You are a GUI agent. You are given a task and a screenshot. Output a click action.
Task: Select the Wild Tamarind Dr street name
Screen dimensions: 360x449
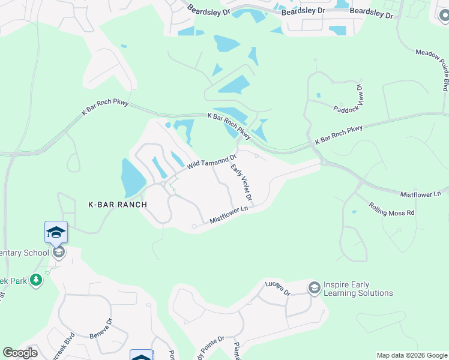pos(211,160)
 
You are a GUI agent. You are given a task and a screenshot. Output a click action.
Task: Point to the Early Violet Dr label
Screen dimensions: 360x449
pos(241,183)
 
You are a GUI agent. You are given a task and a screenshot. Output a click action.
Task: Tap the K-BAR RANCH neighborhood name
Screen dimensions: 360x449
pos(118,205)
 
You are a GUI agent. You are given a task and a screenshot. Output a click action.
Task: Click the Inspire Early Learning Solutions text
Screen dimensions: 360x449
pos(358,289)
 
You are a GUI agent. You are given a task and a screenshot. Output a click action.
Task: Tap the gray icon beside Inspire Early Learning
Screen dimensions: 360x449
pos(314,289)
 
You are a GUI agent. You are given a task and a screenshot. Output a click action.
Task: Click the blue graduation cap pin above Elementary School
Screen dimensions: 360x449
pos(56,232)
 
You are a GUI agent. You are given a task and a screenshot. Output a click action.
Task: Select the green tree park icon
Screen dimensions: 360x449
pos(37,280)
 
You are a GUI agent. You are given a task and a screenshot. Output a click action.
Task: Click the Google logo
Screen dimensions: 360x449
pos(20,353)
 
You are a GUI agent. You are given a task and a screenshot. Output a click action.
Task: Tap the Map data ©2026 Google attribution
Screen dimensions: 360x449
pos(412,355)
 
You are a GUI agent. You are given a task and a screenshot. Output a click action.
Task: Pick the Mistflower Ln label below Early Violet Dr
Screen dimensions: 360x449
pos(229,216)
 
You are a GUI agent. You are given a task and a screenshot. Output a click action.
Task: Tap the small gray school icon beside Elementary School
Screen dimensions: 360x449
pos(58,252)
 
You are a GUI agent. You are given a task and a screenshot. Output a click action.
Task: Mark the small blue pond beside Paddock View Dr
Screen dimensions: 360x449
pos(318,95)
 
